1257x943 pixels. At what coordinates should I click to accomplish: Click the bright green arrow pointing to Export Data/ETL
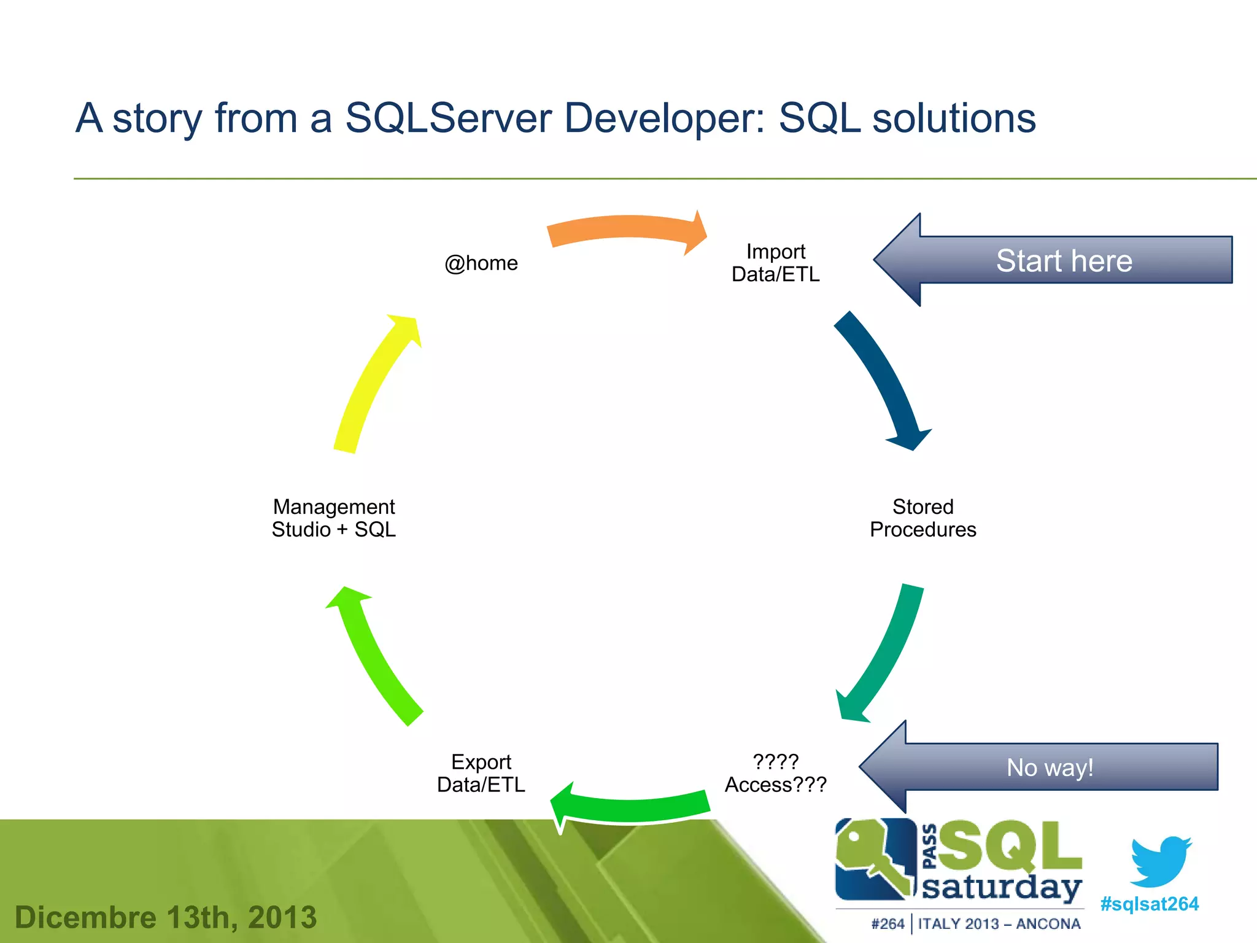(x=632, y=808)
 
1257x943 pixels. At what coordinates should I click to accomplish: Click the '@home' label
(x=481, y=263)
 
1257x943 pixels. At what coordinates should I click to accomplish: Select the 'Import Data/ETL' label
(x=775, y=263)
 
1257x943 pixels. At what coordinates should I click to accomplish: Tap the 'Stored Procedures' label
(x=922, y=518)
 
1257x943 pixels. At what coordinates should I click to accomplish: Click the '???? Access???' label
(x=775, y=773)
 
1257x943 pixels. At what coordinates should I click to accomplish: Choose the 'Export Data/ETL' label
(x=481, y=773)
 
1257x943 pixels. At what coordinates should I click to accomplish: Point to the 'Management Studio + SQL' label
(x=334, y=518)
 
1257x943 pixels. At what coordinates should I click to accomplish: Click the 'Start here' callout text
(x=1064, y=260)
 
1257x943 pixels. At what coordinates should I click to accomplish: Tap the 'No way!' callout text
(x=1050, y=767)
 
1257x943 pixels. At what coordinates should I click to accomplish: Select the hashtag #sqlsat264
(x=1149, y=904)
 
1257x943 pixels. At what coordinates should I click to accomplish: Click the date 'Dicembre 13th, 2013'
(x=166, y=917)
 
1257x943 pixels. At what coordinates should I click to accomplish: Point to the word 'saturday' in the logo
(x=1002, y=887)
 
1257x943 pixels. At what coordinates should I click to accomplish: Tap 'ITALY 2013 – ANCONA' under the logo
(x=999, y=924)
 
